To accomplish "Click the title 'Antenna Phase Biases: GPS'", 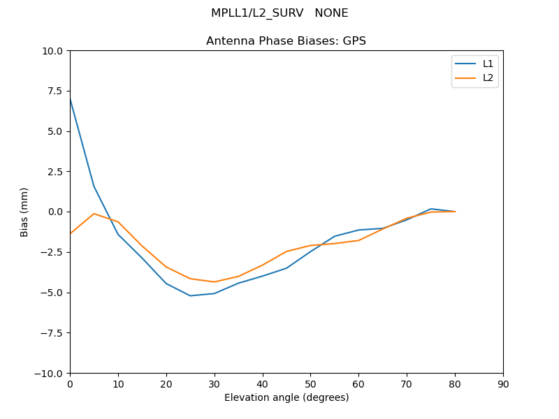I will (x=286, y=41).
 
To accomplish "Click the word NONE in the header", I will (x=331, y=13).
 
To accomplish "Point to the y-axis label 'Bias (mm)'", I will (x=24, y=212).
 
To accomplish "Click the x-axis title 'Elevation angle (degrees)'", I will (x=286, y=397).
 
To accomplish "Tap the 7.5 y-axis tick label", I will (x=55, y=91).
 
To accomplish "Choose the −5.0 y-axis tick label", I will (x=51, y=293).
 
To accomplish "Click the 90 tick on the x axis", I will (x=503, y=384).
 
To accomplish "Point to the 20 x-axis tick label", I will (x=166, y=384).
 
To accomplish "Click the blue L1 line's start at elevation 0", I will (x=70, y=98).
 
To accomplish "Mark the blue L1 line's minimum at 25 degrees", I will (x=190, y=295).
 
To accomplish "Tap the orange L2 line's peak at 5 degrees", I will (x=94, y=214).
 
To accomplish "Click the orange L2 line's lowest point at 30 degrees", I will (x=215, y=282).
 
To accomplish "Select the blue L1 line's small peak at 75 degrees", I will (x=431, y=209).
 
